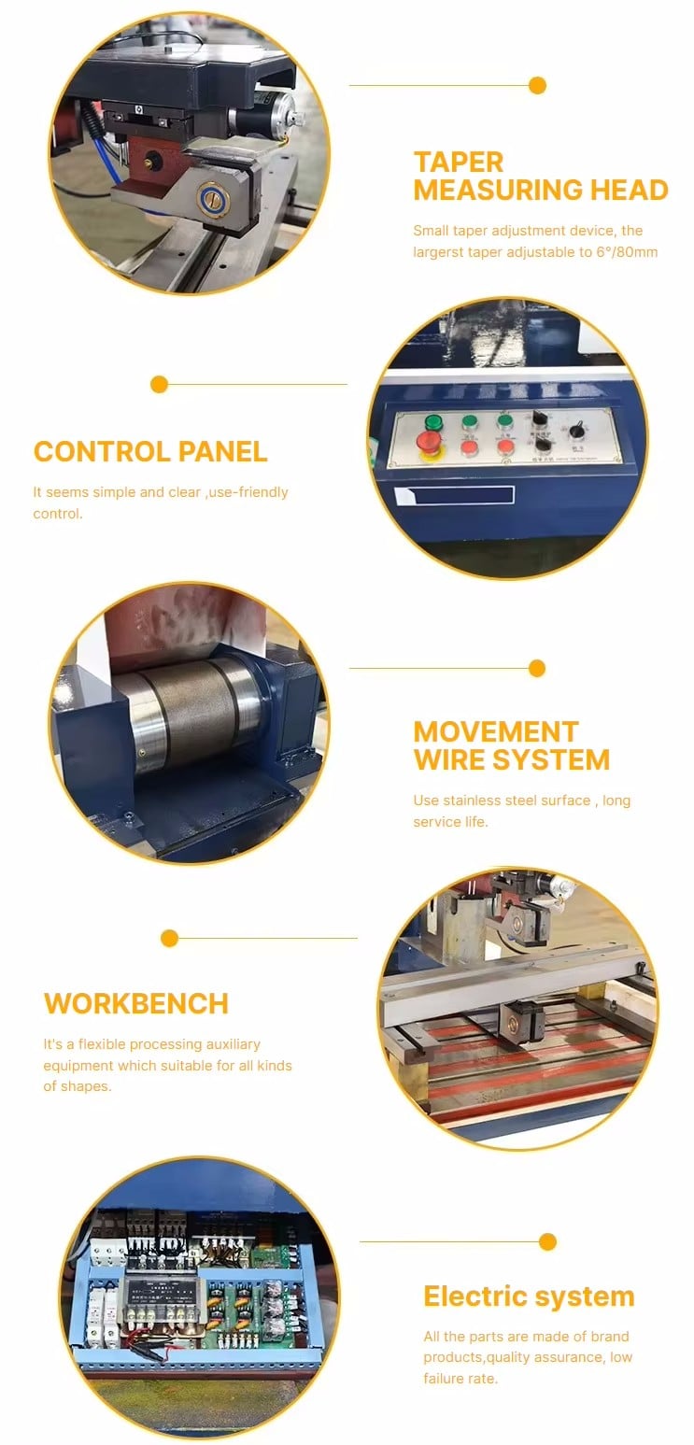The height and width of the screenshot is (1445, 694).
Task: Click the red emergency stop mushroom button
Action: click(428, 443)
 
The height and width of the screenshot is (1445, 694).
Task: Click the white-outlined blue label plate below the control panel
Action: click(454, 495)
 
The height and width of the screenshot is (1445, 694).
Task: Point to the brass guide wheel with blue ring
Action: click(213, 199)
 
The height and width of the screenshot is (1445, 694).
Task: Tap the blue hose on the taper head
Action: click(102, 163)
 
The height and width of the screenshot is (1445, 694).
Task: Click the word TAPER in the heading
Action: click(458, 162)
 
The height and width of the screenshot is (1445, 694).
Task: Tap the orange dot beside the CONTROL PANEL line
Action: click(159, 385)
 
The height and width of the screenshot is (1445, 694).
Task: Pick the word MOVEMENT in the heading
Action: click(495, 732)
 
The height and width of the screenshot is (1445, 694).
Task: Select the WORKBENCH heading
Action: click(136, 1004)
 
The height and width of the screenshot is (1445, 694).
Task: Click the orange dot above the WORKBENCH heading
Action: click(169, 938)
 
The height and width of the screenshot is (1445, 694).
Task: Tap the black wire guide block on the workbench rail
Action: click(521, 1020)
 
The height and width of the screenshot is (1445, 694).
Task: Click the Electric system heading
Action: click(529, 1296)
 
